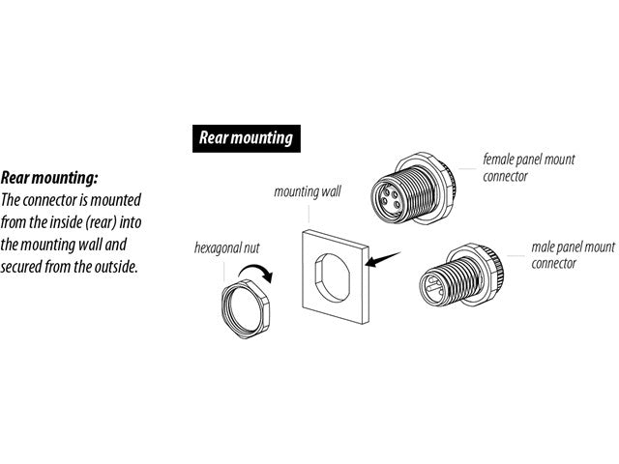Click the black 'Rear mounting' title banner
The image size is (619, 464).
[247, 138]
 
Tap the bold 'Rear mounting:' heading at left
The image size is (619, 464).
[49, 178]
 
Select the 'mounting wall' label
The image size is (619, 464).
[308, 192]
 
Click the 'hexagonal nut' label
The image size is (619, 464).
[227, 248]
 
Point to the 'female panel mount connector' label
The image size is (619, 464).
[529, 167]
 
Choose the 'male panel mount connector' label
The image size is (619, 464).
[573, 255]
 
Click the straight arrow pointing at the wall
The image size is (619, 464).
[383, 259]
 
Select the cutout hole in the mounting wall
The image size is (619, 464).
[332, 278]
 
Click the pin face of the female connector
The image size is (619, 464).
[390, 200]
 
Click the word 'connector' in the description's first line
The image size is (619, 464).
[50, 200]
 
